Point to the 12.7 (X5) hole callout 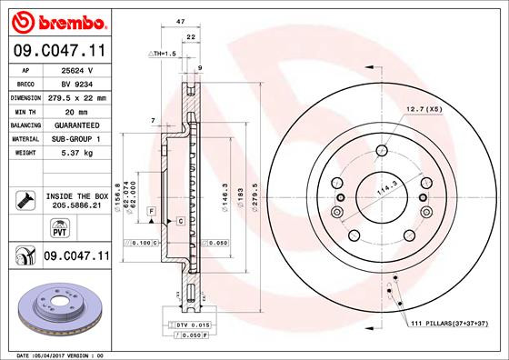(x=424, y=109)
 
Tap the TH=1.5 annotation (x=161, y=54)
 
